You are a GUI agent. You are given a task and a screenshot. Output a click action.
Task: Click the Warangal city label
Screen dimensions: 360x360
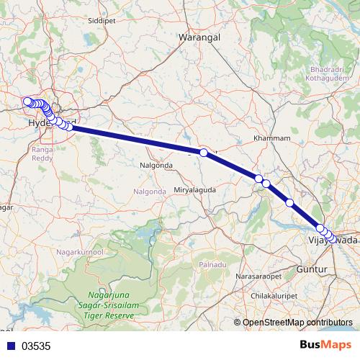[199, 36]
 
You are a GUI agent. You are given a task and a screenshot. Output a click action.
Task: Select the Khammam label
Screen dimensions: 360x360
[273, 138]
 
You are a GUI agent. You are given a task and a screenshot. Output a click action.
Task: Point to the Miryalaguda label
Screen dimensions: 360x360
[195, 189]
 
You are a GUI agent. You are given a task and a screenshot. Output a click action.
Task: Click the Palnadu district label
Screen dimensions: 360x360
[213, 265]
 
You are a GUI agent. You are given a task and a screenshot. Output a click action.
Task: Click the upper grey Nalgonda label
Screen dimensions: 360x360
[156, 165]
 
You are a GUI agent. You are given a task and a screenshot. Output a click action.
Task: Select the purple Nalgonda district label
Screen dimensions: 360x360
[150, 191]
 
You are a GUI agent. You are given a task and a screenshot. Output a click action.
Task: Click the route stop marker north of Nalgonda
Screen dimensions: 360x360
[204, 153]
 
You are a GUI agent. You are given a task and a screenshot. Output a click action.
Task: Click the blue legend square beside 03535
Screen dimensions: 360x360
[9, 346]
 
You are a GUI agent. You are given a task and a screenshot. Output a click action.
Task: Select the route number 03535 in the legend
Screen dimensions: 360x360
[36, 346]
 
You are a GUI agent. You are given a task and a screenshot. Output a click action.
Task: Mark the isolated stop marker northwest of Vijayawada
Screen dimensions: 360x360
[289, 202]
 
